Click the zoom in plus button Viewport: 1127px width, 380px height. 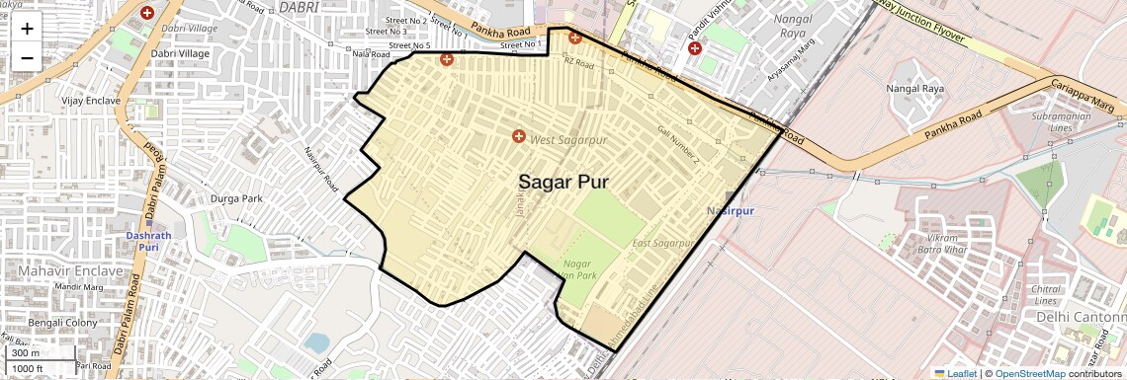click(x=27, y=28)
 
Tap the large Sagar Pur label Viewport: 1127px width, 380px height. click(x=563, y=183)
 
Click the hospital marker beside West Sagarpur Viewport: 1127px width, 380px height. click(x=518, y=135)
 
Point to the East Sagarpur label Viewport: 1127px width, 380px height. click(x=659, y=243)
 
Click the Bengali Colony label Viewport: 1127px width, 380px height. click(x=62, y=323)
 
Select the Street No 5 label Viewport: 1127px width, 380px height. click(x=409, y=45)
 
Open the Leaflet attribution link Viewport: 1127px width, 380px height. click(x=955, y=373)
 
